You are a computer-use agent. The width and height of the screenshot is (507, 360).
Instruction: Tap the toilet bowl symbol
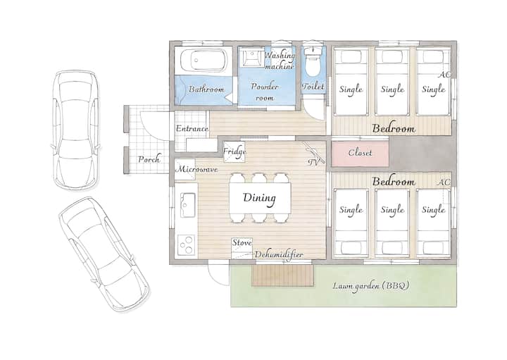[313, 63]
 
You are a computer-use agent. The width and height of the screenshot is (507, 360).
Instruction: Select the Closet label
[361, 152]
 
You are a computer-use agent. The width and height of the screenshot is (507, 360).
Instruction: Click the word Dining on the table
[259, 198]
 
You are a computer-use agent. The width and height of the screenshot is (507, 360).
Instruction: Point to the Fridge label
[234, 151]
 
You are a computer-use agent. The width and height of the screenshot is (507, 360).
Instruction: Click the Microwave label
[196, 169]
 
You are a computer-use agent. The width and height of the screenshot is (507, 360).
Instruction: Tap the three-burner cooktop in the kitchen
[186, 244]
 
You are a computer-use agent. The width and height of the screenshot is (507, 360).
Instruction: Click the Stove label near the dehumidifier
[242, 242]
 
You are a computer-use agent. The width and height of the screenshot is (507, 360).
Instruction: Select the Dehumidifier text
[279, 254]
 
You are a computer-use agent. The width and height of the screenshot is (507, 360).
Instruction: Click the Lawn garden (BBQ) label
[371, 286]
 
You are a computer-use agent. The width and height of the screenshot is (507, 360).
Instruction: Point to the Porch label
[149, 159]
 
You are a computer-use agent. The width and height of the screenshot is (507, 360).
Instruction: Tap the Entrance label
[192, 128]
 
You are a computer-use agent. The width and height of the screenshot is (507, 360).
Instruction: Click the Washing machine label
[280, 61]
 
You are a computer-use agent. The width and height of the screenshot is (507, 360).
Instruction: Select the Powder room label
[265, 92]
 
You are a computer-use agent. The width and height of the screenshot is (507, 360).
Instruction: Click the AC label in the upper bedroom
[444, 75]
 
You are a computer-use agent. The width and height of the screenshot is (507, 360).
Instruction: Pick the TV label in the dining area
[313, 162]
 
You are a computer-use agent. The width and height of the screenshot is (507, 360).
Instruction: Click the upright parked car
[76, 130]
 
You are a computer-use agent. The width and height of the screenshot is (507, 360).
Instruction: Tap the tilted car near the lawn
[104, 254]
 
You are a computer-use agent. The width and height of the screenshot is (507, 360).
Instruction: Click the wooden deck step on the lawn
[282, 275]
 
